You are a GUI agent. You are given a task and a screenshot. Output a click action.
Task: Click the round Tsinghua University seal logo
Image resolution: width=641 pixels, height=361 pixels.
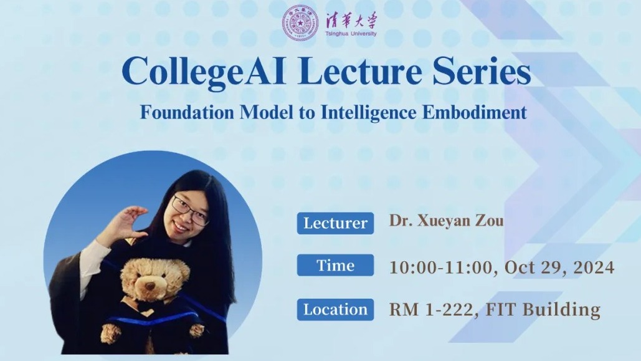[300, 23]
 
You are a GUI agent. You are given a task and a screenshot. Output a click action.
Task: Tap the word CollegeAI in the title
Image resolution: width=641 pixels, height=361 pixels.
[203, 72]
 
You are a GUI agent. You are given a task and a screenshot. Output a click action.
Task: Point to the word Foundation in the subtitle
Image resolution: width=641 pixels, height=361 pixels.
[187, 112]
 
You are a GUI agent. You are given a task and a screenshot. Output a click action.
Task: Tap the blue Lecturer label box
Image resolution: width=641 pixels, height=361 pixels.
[335, 223]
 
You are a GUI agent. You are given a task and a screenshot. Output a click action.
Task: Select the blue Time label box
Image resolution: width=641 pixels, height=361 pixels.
[335, 265]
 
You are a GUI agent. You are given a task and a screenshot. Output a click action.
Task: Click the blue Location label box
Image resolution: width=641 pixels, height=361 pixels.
[335, 309]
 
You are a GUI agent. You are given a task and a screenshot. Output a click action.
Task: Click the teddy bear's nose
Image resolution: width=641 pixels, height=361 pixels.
[150, 286]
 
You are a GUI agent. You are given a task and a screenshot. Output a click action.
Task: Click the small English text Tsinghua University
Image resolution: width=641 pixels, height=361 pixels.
[351, 34]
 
